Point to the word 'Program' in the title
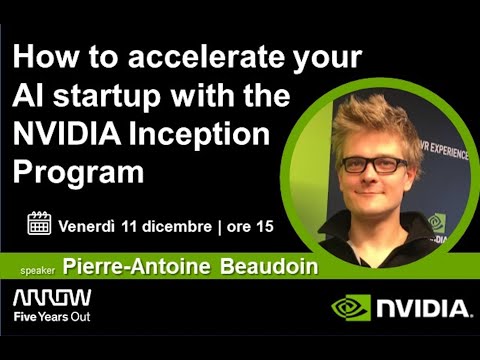coord(81,170)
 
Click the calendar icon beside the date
coord(38,224)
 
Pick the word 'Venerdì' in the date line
coord(85,225)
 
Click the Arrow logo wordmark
coord(52,298)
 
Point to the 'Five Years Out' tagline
coord(52,317)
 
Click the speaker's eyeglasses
coord(374,164)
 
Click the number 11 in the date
coord(128,225)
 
